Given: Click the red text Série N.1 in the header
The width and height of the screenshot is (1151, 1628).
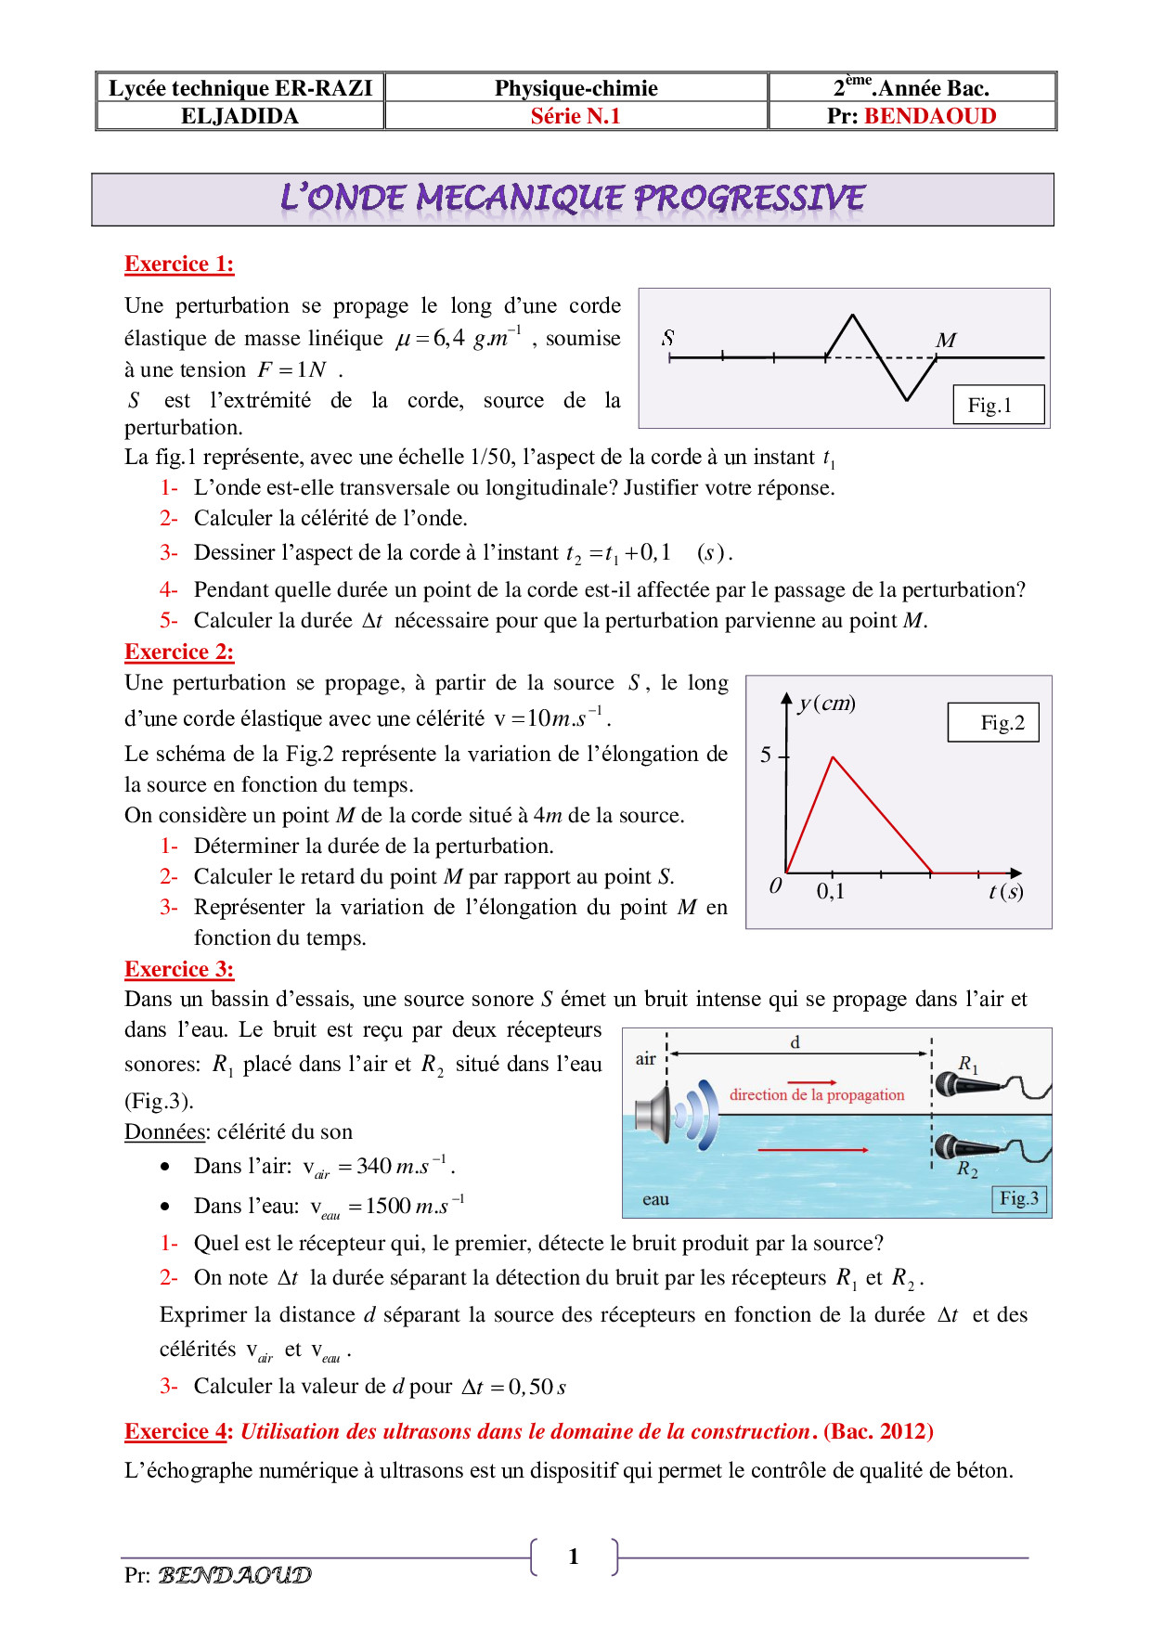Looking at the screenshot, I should tap(575, 116).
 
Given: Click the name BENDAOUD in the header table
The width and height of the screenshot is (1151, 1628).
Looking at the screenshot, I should tap(930, 116).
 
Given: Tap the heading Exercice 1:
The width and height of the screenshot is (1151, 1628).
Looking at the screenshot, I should tap(179, 265).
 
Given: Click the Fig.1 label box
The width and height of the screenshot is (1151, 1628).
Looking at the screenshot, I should tap(999, 405).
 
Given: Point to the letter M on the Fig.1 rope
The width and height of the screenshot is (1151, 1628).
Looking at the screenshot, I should tap(946, 340).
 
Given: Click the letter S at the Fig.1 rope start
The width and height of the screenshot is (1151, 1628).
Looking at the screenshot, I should tap(667, 337).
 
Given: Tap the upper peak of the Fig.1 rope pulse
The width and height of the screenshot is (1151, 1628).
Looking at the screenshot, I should tap(852, 317).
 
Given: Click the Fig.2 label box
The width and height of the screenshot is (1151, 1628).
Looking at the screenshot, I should tap(993, 722).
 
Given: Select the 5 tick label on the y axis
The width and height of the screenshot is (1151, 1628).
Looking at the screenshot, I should tap(766, 755).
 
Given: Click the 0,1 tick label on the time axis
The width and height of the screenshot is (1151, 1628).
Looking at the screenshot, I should tap(831, 892).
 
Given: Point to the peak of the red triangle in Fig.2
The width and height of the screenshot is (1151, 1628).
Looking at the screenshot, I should tap(834, 758).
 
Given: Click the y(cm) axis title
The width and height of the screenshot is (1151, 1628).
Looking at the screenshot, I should tap(827, 703).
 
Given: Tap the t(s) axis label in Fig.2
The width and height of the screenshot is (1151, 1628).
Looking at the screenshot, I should tap(1005, 892).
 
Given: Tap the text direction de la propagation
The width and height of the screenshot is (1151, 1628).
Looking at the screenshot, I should tap(817, 1095).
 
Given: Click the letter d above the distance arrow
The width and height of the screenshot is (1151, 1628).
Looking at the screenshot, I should tap(795, 1042).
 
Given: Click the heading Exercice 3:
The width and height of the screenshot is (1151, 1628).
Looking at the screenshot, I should tap(179, 970).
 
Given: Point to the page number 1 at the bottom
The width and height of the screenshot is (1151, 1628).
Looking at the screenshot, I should tap(574, 1557).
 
